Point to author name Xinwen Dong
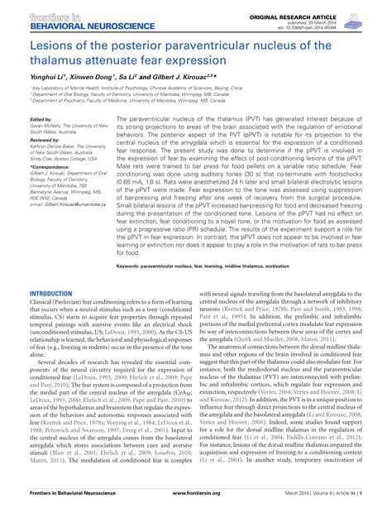pyautogui.click(x=93, y=75)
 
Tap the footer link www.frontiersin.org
pyautogui.click(x=196, y=501)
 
